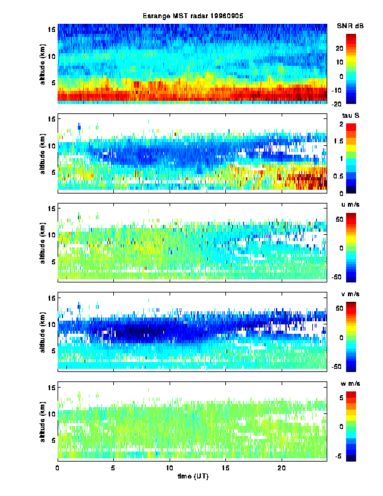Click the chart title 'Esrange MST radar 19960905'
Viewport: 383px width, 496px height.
191,16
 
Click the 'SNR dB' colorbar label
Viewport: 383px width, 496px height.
350,26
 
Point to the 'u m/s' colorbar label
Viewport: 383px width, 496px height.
350,205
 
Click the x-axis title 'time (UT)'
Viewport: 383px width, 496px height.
191,477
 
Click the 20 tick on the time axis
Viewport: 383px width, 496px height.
282,467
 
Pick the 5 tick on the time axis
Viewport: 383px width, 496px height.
113,467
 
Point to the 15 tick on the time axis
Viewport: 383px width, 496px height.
225,467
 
